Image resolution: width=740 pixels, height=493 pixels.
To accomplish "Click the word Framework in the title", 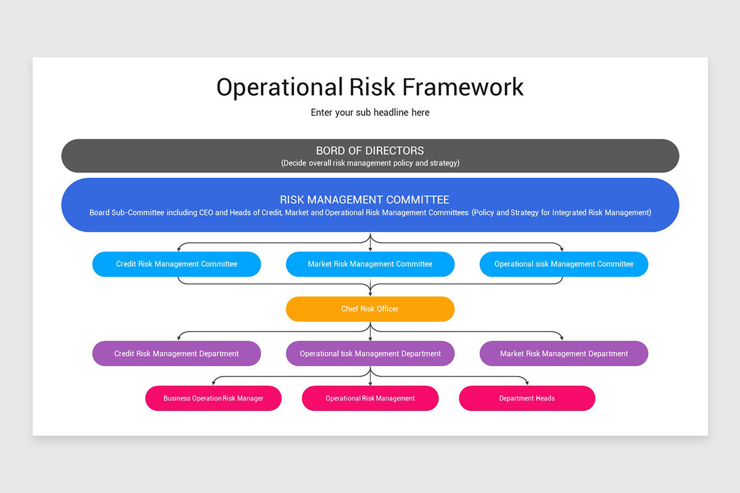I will pos(462,87).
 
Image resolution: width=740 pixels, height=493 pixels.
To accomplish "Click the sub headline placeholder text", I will pos(370,113).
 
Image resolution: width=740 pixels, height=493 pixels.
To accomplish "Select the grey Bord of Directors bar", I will pos(370,155).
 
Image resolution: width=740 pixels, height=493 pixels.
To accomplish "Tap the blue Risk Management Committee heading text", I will pos(364,200).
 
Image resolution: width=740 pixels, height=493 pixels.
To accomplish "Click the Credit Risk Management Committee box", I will pos(176,264).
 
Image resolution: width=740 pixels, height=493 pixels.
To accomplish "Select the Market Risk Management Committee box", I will pos(370,264).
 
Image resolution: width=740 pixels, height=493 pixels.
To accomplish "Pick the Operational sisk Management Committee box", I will pos(564,264).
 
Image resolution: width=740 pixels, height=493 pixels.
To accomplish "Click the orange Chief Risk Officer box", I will pos(370,309).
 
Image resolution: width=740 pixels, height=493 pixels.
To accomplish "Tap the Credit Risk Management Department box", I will pos(176,354).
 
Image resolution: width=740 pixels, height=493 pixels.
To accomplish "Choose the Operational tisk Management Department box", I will pos(370,354).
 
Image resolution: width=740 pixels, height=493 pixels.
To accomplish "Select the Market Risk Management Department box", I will pos(564,354).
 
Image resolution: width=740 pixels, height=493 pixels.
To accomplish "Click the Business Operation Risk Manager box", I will pos(213,398).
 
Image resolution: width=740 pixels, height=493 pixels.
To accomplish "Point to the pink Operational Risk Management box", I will pos(370,398).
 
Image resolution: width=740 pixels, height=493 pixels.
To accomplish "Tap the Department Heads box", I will pos(527,398).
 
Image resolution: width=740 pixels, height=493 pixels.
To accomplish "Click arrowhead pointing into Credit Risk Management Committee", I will pos(179,249).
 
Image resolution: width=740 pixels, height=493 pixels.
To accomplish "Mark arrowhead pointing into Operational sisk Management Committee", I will pos(562,249).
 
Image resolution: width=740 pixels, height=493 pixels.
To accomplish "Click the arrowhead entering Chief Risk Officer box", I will pos(370,294).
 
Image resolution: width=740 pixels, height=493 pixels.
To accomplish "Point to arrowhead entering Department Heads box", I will pos(527,383).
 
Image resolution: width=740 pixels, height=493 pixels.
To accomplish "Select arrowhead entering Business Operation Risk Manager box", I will pos(213,383).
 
